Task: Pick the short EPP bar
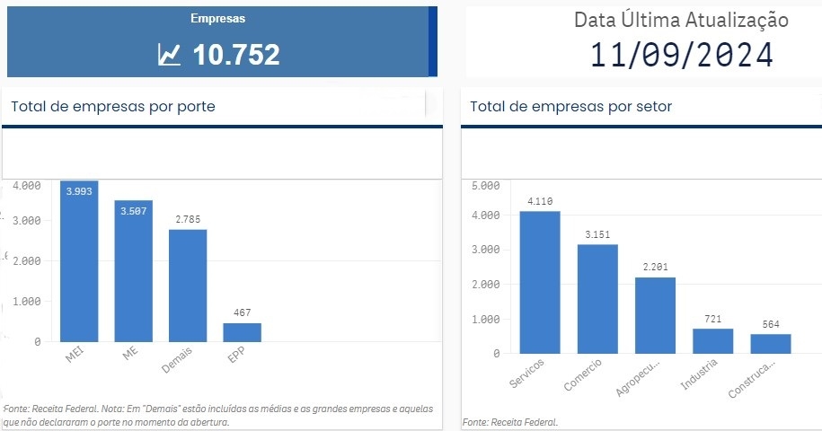(242, 332)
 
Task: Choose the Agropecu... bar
(655, 315)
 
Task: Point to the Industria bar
(712, 340)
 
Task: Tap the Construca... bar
(771, 343)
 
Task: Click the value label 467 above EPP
(243, 312)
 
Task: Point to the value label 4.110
(540, 201)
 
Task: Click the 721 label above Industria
(712, 319)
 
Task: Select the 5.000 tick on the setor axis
(485, 186)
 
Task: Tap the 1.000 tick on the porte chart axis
(27, 302)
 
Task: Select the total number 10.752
(236, 55)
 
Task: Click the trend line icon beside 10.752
(169, 56)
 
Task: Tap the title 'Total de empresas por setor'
(570, 107)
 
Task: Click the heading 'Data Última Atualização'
(681, 20)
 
